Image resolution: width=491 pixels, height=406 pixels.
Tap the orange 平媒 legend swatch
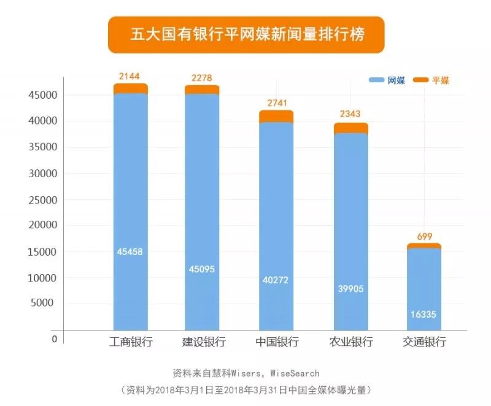[420, 80]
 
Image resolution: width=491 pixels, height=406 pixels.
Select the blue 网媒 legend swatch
[376, 80]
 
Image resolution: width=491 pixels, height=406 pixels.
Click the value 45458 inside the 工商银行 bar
[130, 251]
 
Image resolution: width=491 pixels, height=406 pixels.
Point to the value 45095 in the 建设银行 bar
[202, 268]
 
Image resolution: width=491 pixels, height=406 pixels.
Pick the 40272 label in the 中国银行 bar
[276, 280]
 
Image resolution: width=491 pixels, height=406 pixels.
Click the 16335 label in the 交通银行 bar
[423, 313]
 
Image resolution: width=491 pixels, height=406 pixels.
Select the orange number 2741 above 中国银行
[276, 102]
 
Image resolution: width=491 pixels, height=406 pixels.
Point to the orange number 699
[423, 236]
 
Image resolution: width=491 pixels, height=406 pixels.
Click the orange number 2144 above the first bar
[130, 75]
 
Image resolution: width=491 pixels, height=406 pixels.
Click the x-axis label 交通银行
[424, 342]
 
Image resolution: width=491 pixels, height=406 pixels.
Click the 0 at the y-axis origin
[55, 339]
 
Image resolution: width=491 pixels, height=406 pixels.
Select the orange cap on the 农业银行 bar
[350, 128]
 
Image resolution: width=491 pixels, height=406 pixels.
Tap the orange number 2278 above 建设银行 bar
[202, 77]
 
